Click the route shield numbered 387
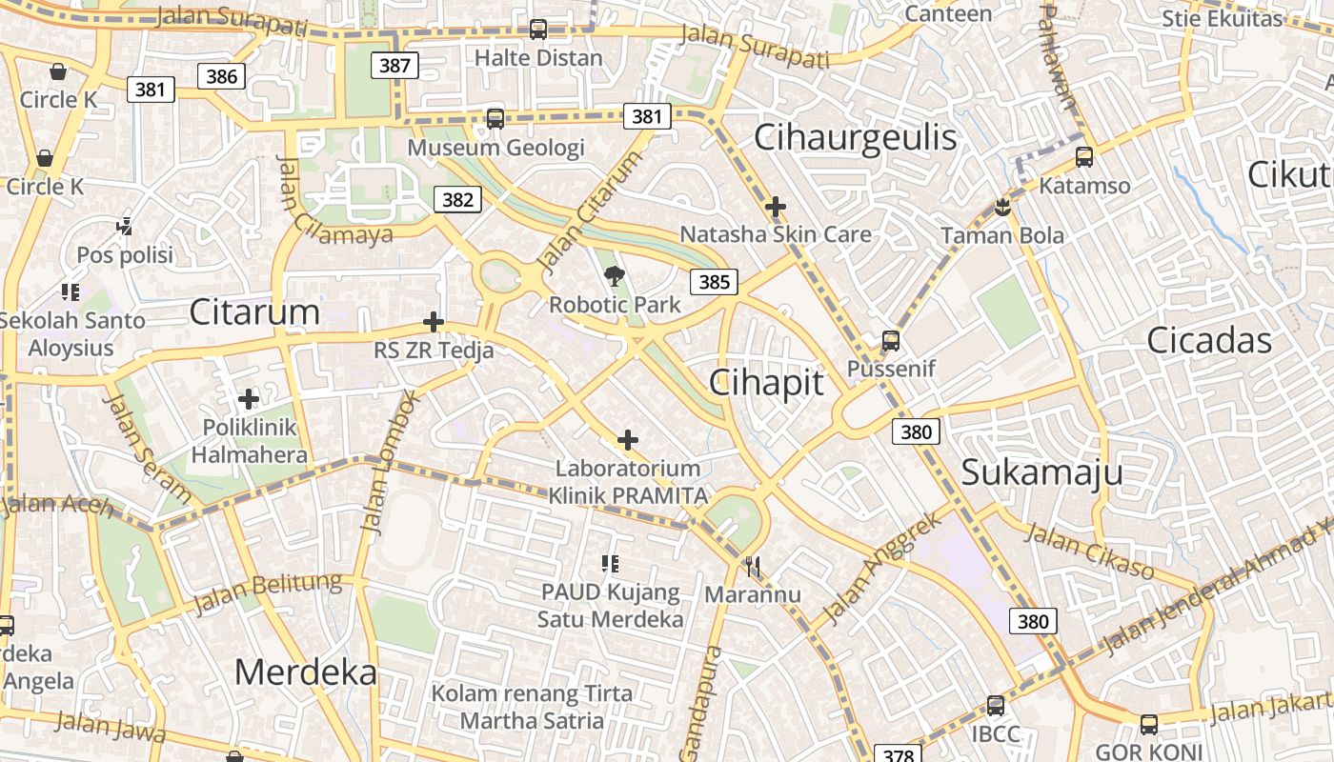[394, 65]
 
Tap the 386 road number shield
[221, 76]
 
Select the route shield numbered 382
[457, 199]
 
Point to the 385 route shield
[714, 281]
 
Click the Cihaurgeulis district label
[855, 137]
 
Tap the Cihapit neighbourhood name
[766, 382]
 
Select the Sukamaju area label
[1041, 472]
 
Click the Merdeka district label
[306, 672]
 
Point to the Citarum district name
[254, 311]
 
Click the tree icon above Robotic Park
[615, 276]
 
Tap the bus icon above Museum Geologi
[495, 119]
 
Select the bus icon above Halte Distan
[538, 30]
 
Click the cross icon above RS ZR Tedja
[434, 322]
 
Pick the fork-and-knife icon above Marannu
[753, 567]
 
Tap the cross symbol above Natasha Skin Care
[776, 206]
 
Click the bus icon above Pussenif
[891, 340]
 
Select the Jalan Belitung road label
[267, 594]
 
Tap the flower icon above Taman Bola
[1001, 207]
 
